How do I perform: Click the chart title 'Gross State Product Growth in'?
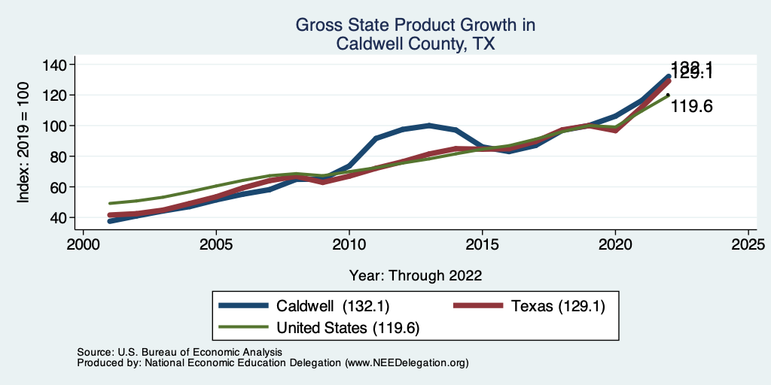coord(415,26)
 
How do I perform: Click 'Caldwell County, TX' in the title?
coord(415,44)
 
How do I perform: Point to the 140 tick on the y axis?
coord(56,65)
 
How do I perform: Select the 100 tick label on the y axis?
coord(56,126)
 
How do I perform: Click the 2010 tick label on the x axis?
coord(349,245)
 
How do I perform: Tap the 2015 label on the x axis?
coord(482,245)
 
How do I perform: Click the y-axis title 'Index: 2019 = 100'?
coord(23,141)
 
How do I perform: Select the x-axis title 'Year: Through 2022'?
coord(416,275)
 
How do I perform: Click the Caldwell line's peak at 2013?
coord(429,125)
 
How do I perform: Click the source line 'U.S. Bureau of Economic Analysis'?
coord(199,352)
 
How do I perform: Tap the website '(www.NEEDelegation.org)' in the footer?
coord(407,362)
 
